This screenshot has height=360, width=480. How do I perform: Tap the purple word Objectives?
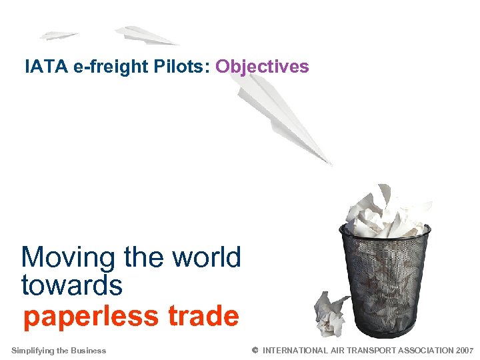(x=262, y=67)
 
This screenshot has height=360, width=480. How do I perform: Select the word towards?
(x=72, y=285)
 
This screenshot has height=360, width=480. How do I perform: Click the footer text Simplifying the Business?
(x=59, y=351)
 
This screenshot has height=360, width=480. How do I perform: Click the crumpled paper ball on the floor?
(x=331, y=313)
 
